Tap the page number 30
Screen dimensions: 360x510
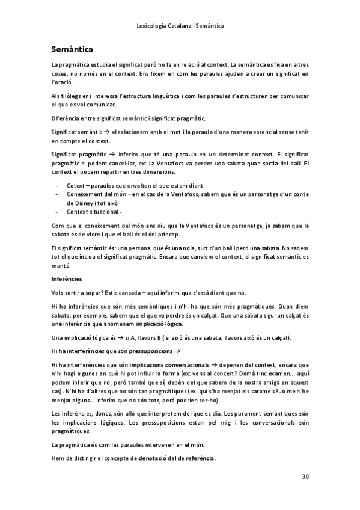pos(305,476)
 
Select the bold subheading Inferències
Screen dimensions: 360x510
pos(66,279)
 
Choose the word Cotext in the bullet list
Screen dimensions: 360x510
pos(76,185)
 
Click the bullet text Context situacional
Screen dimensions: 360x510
pos(93,212)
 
